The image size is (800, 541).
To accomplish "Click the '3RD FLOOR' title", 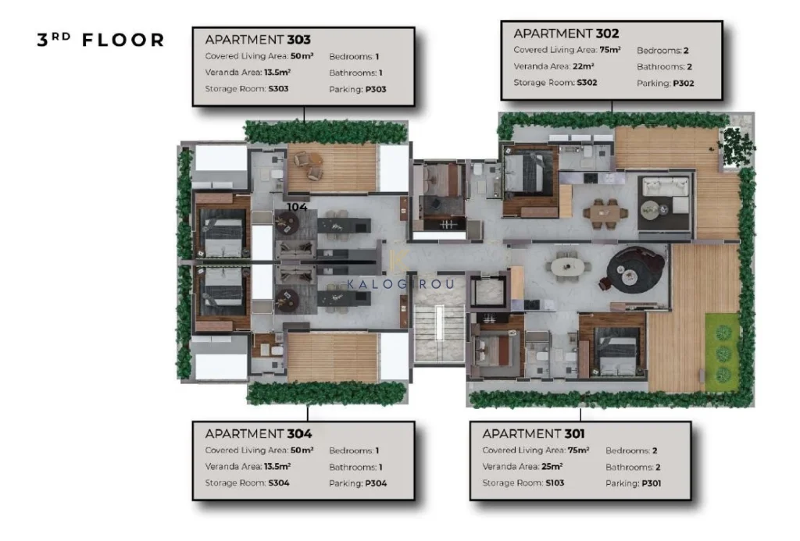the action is pyautogui.click(x=101, y=40).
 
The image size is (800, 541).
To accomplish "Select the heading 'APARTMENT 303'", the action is pyautogui.click(x=258, y=39).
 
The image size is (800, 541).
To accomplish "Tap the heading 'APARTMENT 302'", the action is pyautogui.click(x=566, y=33).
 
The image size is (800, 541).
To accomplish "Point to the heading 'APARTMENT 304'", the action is pyautogui.click(x=258, y=433).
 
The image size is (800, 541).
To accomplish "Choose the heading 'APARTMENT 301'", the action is pyautogui.click(x=534, y=433).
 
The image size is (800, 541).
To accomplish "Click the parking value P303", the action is pyautogui.click(x=376, y=89).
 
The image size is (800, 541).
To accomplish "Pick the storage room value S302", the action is pyautogui.click(x=587, y=82).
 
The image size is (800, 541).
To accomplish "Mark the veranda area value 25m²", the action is pyautogui.click(x=552, y=466).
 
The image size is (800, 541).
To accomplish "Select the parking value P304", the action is pyautogui.click(x=376, y=483).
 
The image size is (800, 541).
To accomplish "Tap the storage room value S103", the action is pyautogui.click(x=555, y=482).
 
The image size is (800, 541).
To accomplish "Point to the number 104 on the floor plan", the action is pyautogui.click(x=297, y=207).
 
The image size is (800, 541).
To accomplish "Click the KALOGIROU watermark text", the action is pyautogui.click(x=401, y=284).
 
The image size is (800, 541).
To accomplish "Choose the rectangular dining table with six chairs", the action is pyautogui.click(x=605, y=213).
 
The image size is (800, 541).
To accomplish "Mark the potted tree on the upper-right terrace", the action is pyautogui.click(x=736, y=144).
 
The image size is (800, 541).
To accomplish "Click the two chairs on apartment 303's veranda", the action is pyautogui.click(x=309, y=166).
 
